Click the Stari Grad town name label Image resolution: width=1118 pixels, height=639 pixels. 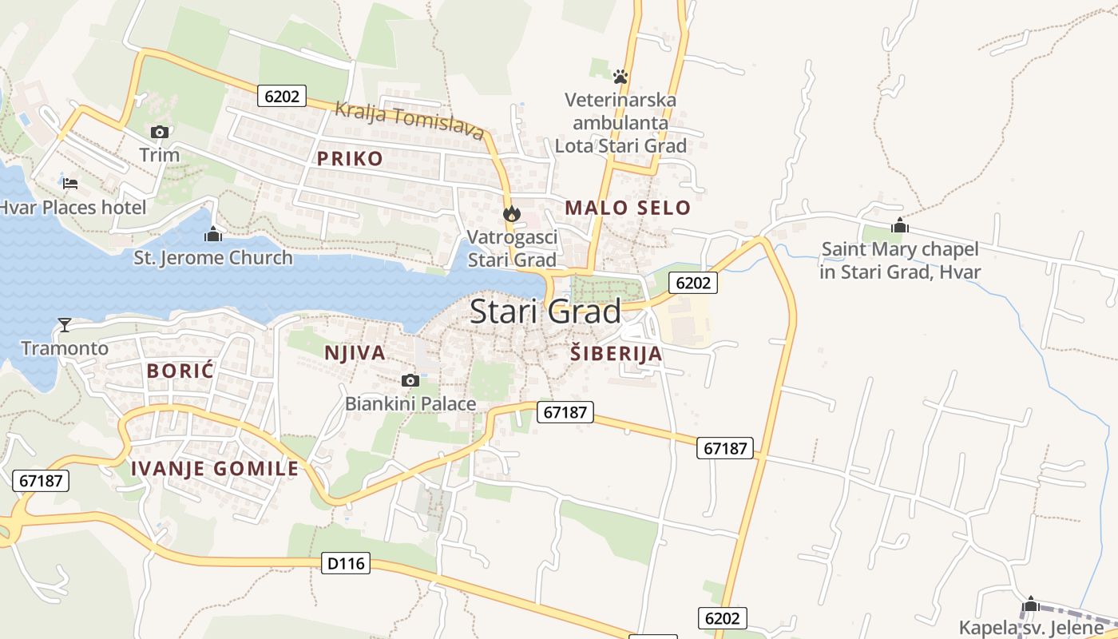point(545,312)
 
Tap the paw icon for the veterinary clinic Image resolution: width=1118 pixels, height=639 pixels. point(620,77)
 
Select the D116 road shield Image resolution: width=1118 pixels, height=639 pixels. point(347,563)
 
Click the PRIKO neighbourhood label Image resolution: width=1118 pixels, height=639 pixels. point(350,158)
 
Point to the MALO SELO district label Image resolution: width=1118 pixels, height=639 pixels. point(628,208)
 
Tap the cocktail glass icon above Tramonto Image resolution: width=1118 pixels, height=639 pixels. point(65,324)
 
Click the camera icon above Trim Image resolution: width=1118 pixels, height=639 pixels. point(160,132)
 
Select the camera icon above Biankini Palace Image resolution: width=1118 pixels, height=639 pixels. point(410,380)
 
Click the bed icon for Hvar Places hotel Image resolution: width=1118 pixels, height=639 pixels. point(70,184)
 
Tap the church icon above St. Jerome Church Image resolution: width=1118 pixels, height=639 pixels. point(212,234)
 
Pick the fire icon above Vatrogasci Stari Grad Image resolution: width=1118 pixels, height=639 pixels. point(512,213)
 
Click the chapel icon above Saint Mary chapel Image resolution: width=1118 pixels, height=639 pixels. point(900,225)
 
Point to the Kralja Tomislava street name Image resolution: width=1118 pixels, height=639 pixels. point(410,120)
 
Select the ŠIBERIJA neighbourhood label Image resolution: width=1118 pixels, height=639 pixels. point(616,353)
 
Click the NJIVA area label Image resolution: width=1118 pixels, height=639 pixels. point(355,352)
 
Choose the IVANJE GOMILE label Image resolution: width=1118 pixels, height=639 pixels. point(215,469)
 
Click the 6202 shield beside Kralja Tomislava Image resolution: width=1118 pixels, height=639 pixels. point(282,97)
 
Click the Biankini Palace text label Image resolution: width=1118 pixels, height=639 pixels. point(410,404)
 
